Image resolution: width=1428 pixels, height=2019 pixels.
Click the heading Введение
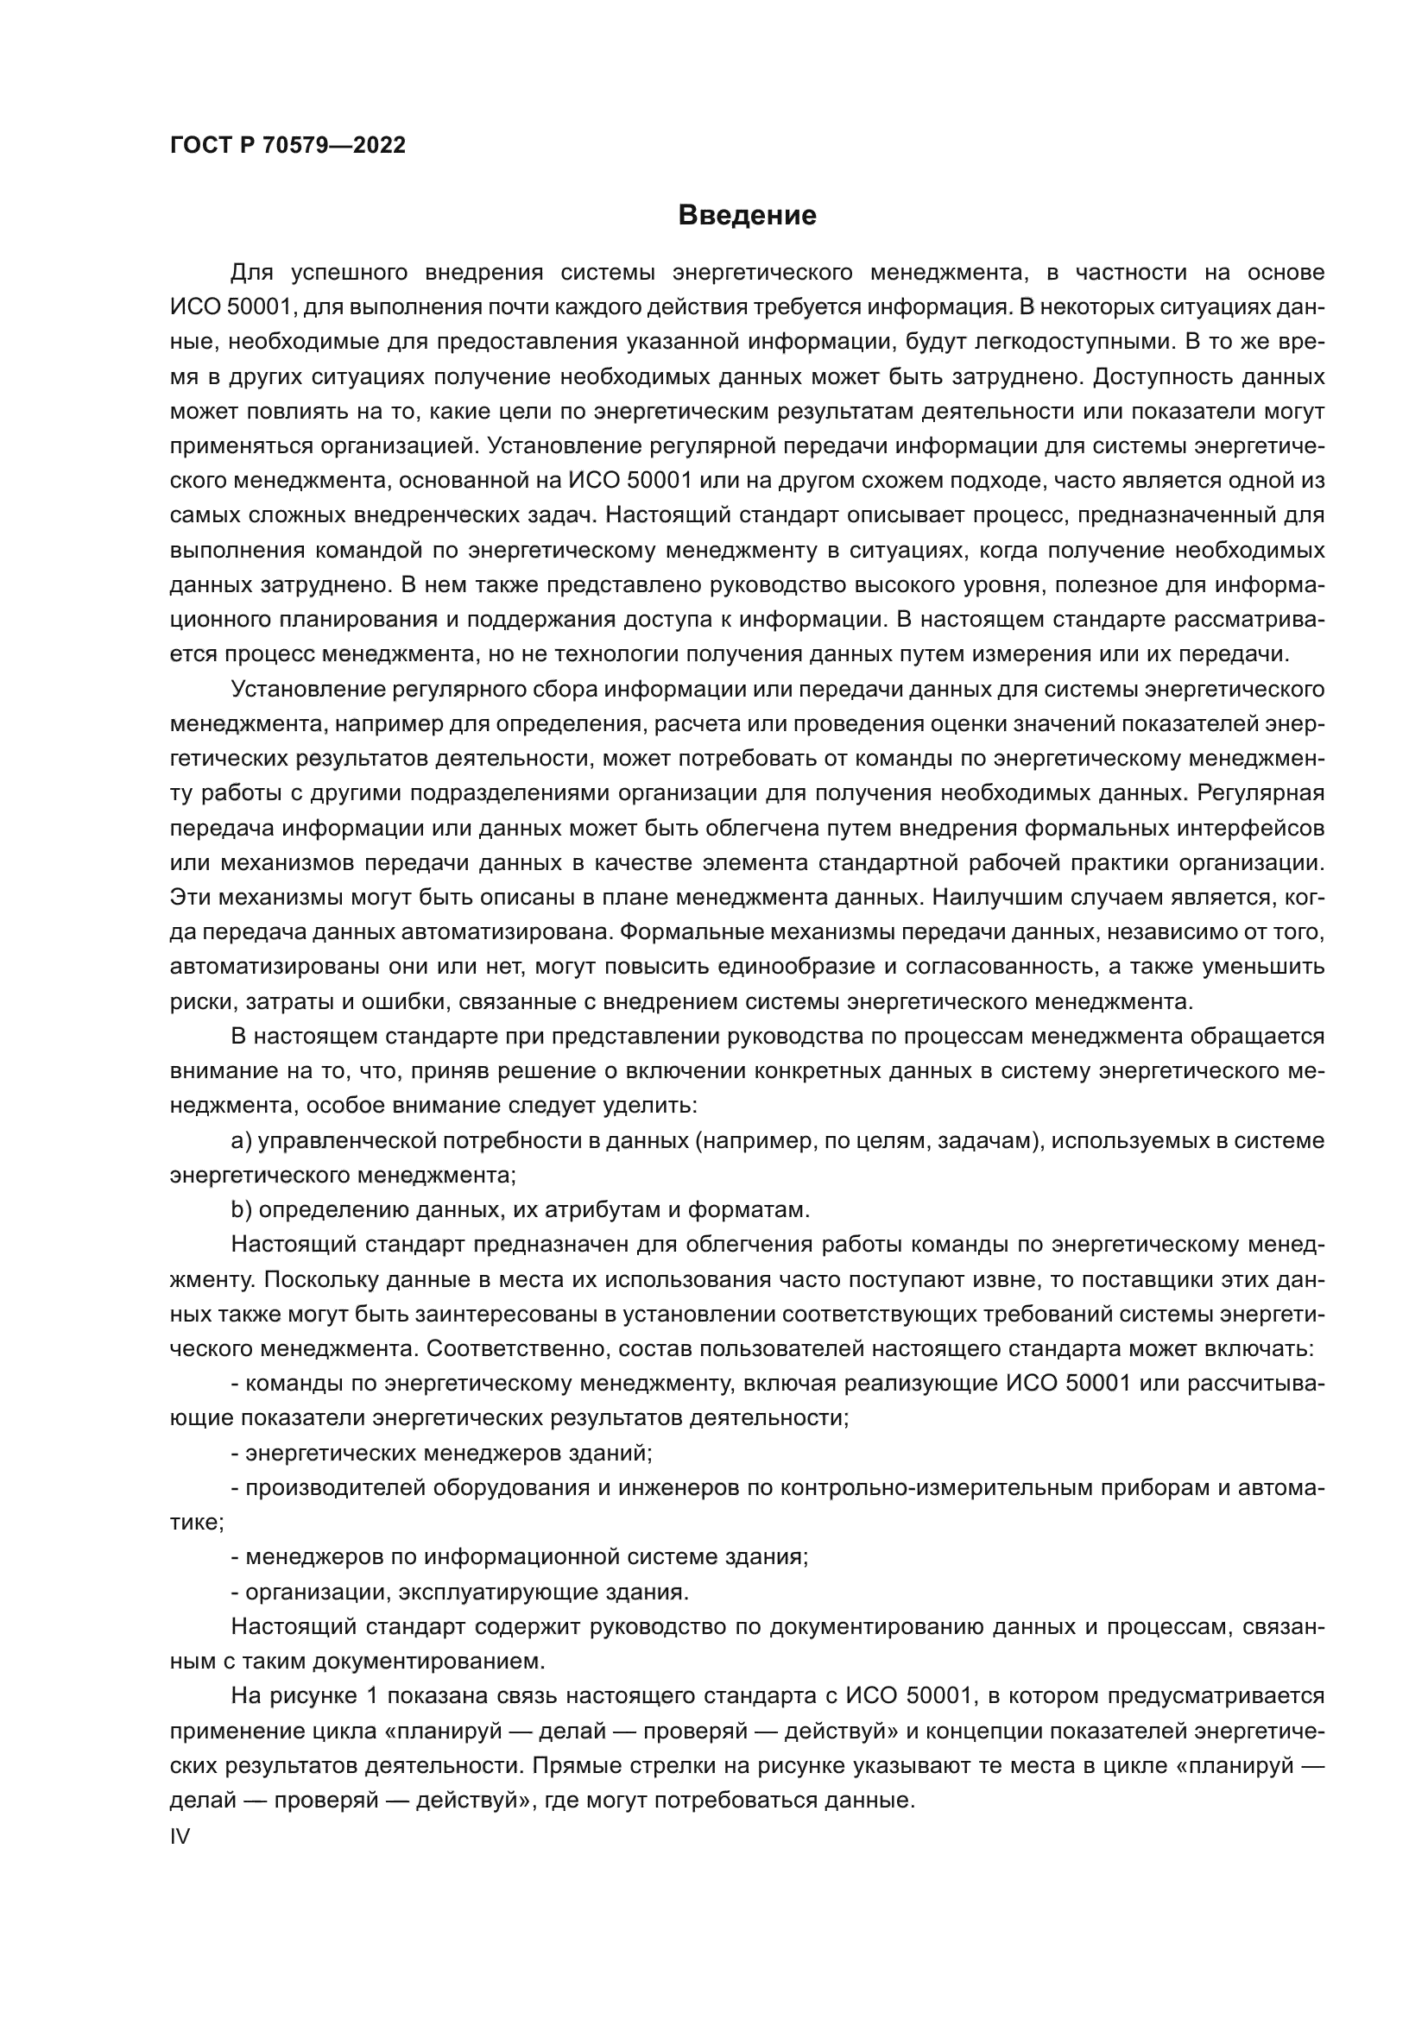pyautogui.click(x=748, y=216)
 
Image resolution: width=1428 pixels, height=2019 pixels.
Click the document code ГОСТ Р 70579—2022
pyautogui.click(x=287, y=145)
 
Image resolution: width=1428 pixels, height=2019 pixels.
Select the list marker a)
pyautogui.click(x=242, y=1141)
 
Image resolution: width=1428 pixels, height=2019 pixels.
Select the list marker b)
pyautogui.click(x=242, y=1210)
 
